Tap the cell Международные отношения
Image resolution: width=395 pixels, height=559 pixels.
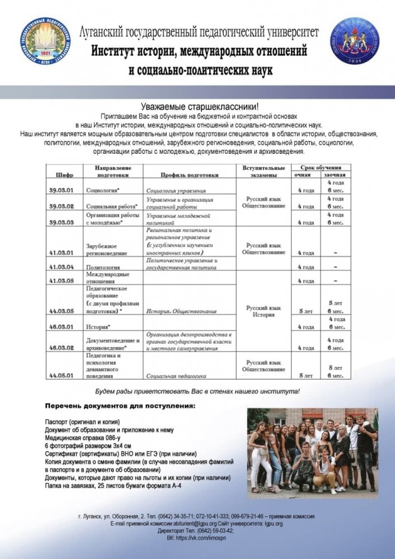tap(107, 277)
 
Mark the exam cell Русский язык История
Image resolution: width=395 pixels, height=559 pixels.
tap(263, 311)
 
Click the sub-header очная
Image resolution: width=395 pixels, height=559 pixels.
tap(305, 175)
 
